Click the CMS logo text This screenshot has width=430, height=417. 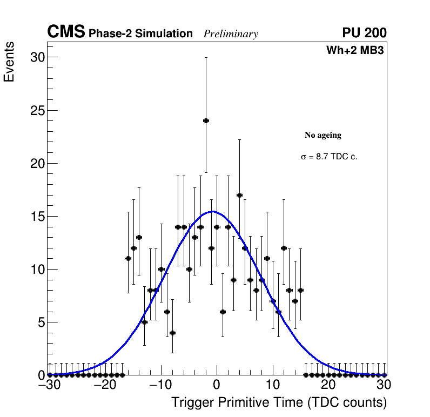[66, 32]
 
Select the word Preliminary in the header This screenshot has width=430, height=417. [231, 34]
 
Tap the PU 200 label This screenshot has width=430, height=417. [364, 33]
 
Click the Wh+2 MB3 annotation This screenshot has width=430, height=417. [355, 51]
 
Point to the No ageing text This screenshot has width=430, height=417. [323, 135]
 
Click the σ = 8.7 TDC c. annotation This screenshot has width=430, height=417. [329, 157]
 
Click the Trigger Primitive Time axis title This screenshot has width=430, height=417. [279, 402]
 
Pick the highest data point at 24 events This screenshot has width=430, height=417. [206, 120]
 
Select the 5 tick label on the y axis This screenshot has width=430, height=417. [41, 322]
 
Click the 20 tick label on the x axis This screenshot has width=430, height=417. [328, 385]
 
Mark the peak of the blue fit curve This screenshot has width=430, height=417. [212, 211]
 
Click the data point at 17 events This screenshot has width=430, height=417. [239, 195]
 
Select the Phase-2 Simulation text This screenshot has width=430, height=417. [140, 34]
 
